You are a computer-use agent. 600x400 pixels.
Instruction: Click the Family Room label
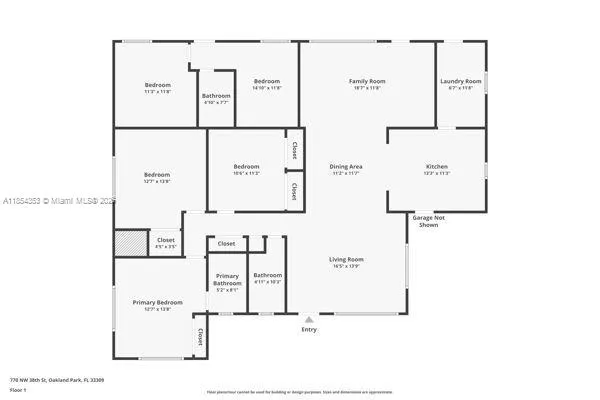pos(367,81)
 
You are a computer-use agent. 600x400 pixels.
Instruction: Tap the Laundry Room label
pos(460,81)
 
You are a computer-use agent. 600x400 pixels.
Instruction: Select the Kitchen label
pos(437,166)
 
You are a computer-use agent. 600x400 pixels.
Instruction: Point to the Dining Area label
pos(345,166)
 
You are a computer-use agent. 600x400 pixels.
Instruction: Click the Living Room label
pos(347,259)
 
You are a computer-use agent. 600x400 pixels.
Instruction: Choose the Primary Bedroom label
pos(158,302)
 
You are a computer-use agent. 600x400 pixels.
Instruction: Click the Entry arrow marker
pos(308,320)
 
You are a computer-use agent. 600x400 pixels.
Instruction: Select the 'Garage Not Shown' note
pos(429,220)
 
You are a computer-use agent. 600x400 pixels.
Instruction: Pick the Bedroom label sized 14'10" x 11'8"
pos(266,81)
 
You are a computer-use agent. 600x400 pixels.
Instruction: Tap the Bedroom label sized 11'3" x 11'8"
pos(157,85)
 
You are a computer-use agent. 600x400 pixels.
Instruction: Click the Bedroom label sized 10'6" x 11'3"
pos(246,166)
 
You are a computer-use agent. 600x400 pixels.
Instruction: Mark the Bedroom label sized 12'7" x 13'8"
pos(157,175)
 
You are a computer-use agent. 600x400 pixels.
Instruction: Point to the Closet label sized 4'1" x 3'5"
pos(166,240)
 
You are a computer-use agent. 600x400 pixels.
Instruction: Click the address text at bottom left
pos(57,380)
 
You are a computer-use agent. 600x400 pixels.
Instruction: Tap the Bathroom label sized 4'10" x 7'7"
pos(216,99)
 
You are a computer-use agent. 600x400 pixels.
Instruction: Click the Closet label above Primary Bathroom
pos(227,243)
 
